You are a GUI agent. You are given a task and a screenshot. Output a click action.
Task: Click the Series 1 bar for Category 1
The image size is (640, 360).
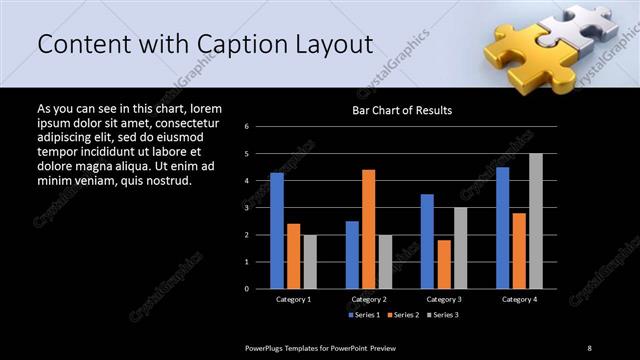277,230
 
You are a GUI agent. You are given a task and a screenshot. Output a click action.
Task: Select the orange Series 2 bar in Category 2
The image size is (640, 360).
369,229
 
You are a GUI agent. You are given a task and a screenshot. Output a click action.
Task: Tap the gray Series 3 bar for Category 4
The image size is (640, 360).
535,221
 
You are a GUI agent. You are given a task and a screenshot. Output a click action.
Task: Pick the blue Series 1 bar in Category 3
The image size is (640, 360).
427,241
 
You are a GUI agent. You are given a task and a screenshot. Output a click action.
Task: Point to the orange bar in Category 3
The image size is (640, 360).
444,264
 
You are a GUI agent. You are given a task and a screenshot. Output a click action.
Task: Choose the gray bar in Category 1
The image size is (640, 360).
310,261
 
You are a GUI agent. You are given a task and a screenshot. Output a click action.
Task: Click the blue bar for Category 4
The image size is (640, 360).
502,227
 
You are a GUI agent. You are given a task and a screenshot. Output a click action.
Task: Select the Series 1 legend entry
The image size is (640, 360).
363,315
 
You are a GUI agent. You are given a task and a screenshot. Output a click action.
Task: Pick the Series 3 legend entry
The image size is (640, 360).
443,315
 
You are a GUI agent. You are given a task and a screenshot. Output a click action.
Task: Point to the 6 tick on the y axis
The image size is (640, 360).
260,127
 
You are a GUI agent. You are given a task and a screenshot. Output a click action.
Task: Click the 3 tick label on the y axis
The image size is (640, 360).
260,208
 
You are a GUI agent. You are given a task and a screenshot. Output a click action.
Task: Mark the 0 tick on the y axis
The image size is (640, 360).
260,288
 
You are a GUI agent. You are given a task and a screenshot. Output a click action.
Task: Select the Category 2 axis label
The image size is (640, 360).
368,299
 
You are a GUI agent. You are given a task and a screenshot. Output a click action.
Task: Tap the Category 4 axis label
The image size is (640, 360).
518,299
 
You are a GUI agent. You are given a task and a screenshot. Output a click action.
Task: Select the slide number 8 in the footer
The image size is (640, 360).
589,347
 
